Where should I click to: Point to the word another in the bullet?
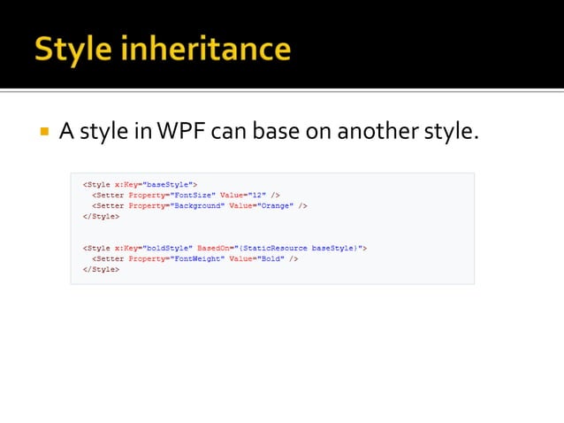pos(362,134)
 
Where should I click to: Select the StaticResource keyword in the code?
pos(278,249)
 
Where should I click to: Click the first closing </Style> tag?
pos(100,216)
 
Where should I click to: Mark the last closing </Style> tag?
pos(100,270)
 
